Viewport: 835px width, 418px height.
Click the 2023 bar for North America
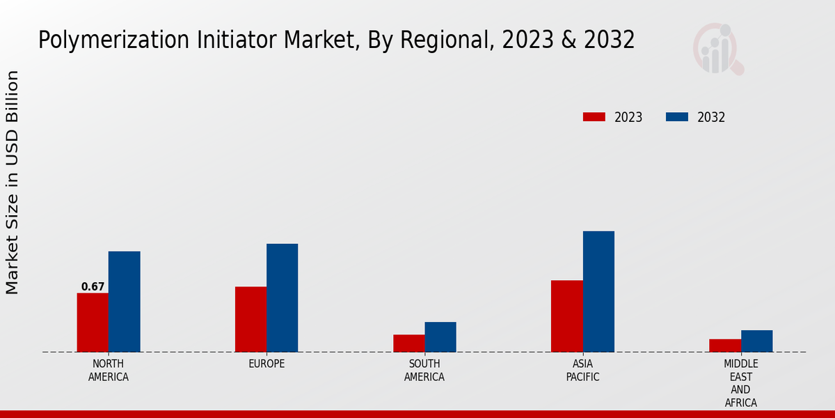pos(93,323)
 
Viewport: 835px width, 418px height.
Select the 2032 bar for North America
pos(124,302)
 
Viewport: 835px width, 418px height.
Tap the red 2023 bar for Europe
pos(250,319)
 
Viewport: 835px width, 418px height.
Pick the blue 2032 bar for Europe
pos(282,297)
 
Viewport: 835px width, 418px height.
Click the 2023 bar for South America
pos(408,343)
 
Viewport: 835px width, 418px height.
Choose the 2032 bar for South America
pos(440,337)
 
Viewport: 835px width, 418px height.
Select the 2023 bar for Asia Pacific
pos(566,316)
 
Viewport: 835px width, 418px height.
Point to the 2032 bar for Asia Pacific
pos(598,291)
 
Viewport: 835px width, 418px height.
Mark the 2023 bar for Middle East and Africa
pos(725,346)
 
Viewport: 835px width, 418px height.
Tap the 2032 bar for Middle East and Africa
pos(756,341)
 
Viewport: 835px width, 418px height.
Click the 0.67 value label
pos(93,287)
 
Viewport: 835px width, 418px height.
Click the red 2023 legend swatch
pos(594,117)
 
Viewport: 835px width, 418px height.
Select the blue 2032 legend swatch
pos(677,117)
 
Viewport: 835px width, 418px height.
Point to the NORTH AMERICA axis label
pos(109,371)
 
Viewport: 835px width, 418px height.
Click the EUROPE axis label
pos(267,364)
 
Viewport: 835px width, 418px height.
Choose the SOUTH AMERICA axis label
pos(424,371)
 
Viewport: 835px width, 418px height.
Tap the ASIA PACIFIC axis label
pos(582,371)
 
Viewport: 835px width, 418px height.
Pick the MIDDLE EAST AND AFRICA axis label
pos(740,383)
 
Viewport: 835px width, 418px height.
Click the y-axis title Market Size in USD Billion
pos(13,183)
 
